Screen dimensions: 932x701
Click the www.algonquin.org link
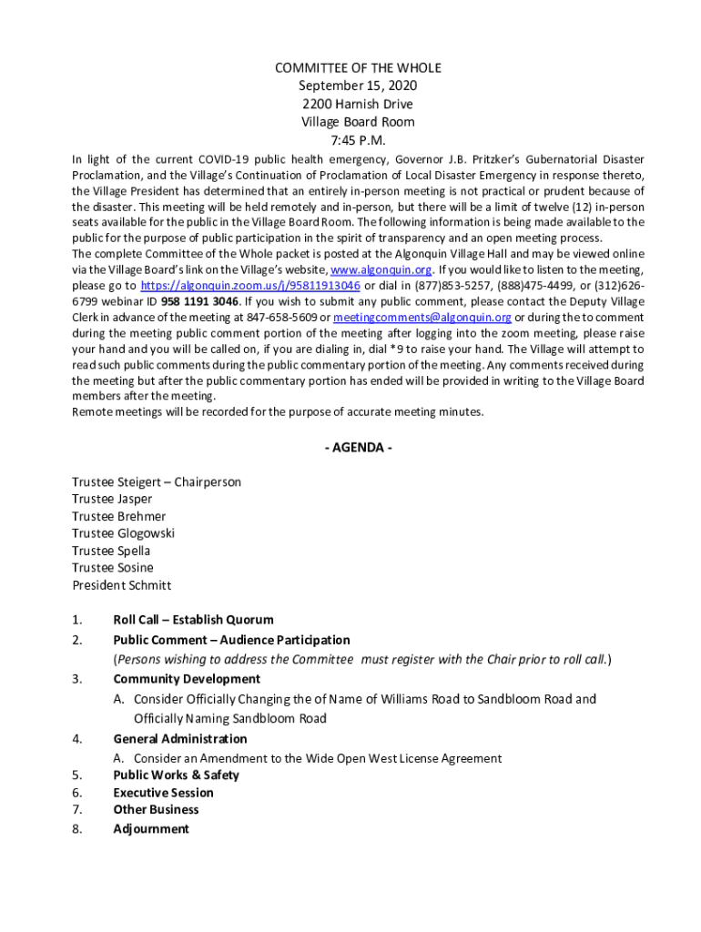pos(381,269)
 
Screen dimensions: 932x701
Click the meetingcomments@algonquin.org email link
pos(422,317)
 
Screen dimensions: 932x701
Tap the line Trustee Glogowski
pos(123,533)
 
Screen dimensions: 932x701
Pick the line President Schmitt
pos(121,585)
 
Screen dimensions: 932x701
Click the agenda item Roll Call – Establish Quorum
pos(193,620)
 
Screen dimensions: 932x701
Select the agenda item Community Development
pos(187,679)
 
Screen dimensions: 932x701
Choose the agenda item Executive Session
pos(163,793)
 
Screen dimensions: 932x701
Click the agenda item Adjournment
pos(151,828)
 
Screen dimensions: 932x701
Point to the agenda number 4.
pos(77,739)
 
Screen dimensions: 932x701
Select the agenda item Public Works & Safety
pos(176,775)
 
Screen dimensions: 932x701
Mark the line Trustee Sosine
pos(113,568)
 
